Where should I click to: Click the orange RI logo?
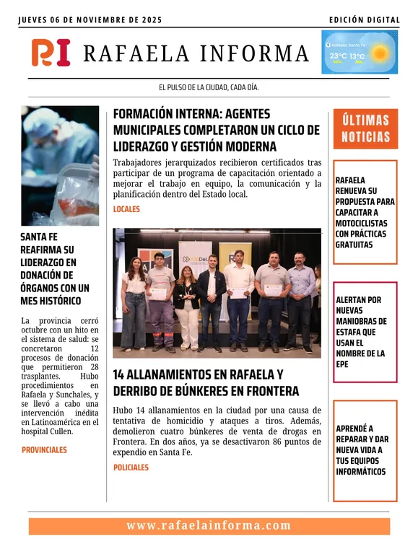[x=51, y=53]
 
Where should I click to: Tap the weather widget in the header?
[x=359, y=53]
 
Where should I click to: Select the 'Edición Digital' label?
[x=364, y=19]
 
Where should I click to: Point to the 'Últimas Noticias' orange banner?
[x=365, y=128]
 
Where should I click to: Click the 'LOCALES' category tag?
[x=126, y=209]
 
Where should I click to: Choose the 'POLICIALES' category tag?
[x=131, y=467]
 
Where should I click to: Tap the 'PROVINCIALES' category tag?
[x=44, y=449]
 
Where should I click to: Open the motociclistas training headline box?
[x=365, y=212]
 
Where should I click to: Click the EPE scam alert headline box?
[x=365, y=332]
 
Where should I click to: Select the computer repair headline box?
[x=365, y=450]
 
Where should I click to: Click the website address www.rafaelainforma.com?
[x=209, y=526]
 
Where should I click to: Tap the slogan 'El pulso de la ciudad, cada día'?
[x=209, y=87]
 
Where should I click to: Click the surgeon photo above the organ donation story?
[x=60, y=166]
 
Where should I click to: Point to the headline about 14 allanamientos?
[x=206, y=383]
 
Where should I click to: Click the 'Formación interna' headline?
[x=216, y=130]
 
